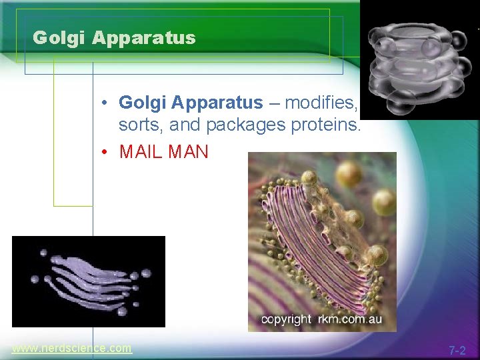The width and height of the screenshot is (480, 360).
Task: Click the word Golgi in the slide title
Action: [59, 38]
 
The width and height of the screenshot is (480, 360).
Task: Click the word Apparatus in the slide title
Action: [143, 38]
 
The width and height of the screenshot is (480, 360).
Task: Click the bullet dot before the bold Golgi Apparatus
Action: [107, 103]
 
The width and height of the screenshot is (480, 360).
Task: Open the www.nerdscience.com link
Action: [72, 348]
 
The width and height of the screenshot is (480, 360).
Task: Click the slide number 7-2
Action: [457, 350]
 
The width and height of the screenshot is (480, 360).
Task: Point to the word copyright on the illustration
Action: [286, 319]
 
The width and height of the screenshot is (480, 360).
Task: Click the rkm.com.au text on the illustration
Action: [349, 319]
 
